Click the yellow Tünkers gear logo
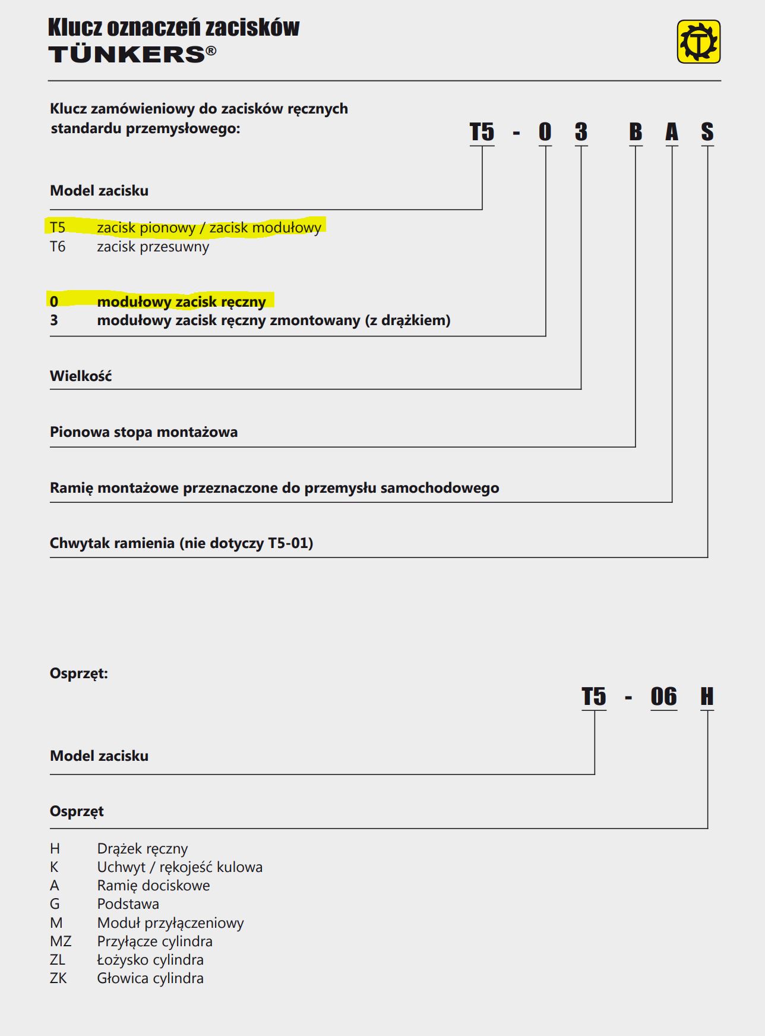click(698, 42)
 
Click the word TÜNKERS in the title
click(127, 55)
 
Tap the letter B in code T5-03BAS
click(635, 132)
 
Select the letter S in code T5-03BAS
click(707, 132)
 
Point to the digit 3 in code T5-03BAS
click(581, 132)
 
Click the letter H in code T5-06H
click(706, 697)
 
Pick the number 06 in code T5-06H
click(663, 697)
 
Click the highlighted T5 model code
click(58, 228)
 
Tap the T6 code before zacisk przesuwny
click(58, 247)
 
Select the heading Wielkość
click(81, 376)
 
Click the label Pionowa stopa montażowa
click(144, 432)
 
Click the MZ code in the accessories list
click(61, 941)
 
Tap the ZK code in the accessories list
click(58, 978)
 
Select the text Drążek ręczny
click(143, 849)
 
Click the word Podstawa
click(128, 904)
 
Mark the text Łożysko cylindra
click(150, 960)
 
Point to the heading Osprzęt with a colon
click(79, 674)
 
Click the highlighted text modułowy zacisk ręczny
click(181, 302)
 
